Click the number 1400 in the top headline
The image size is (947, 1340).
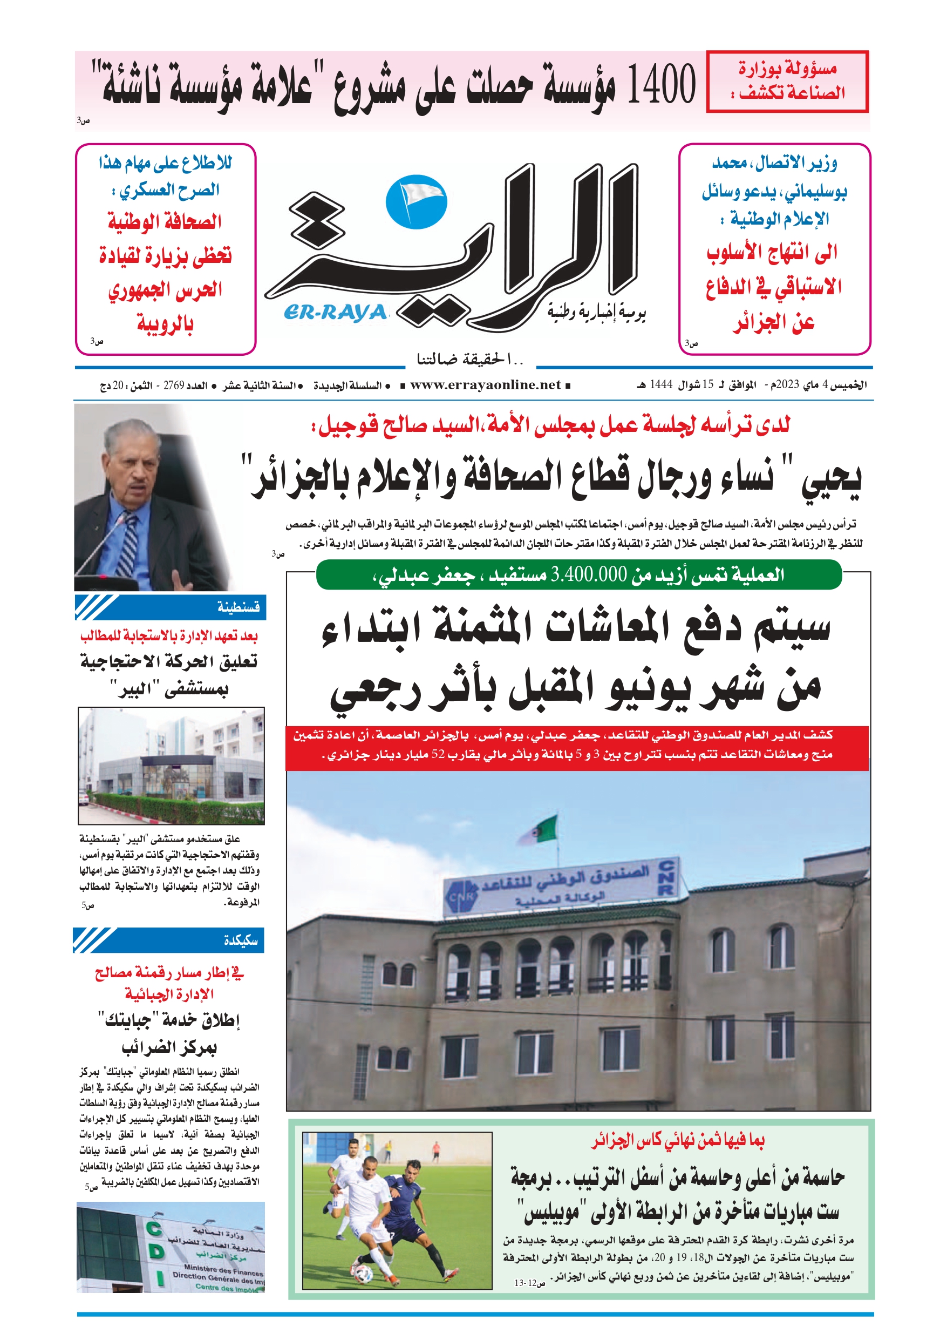tap(661, 85)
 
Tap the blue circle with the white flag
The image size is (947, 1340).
tap(416, 202)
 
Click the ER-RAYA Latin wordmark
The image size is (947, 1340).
tap(336, 313)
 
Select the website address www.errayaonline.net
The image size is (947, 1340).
tap(485, 384)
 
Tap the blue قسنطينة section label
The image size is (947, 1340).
tap(238, 607)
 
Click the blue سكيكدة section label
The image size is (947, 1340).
tap(241, 940)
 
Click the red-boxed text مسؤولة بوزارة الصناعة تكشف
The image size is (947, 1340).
tap(787, 80)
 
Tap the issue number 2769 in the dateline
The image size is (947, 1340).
tap(173, 385)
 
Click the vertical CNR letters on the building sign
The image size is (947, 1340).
tap(667, 877)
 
